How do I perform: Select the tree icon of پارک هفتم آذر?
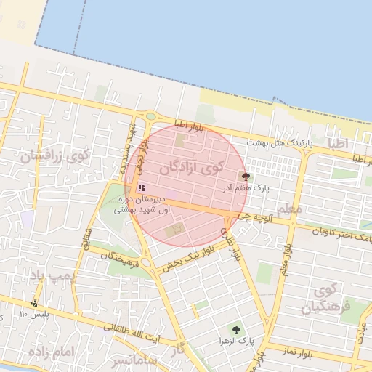tap(245, 176)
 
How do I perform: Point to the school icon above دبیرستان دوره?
tap(141, 187)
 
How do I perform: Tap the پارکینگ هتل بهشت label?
tap(279, 143)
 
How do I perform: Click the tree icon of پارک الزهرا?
tap(235, 329)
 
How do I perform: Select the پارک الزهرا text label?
tap(235, 340)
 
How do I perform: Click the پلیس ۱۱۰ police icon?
tap(34, 303)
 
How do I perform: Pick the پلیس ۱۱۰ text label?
tap(33, 314)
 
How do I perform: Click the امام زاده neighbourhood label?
tap(52, 352)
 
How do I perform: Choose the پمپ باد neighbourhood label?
tap(52, 275)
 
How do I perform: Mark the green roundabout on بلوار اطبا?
tap(150, 116)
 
